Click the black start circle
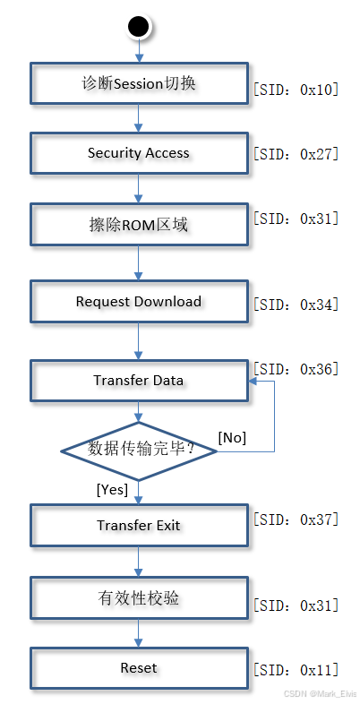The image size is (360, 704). tap(139, 26)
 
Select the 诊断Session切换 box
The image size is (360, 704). tap(139, 83)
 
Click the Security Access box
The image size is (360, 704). tap(139, 153)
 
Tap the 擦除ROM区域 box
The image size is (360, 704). tap(139, 225)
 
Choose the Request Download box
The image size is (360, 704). tap(139, 302)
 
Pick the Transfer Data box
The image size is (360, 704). tap(139, 380)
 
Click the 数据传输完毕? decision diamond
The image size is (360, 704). tap(139, 450)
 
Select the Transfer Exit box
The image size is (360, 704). tap(139, 525)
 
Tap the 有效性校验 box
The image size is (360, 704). tap(139, 597)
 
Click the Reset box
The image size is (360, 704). tap(139, 668)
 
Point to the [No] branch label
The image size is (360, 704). tap(232, 437)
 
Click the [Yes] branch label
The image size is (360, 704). tap(112, 489)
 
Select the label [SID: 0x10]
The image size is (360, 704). tap(296, 90)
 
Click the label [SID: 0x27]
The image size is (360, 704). tap(296, 154)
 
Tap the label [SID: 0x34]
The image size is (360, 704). tap(296, 305)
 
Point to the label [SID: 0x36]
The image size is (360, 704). tap(296, 369)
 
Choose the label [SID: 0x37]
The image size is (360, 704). tap(296, 519)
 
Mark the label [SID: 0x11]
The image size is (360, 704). tap(296, 670)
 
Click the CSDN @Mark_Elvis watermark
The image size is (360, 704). tap(320, 694)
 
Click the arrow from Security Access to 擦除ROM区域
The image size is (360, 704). tap(139, 189)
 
